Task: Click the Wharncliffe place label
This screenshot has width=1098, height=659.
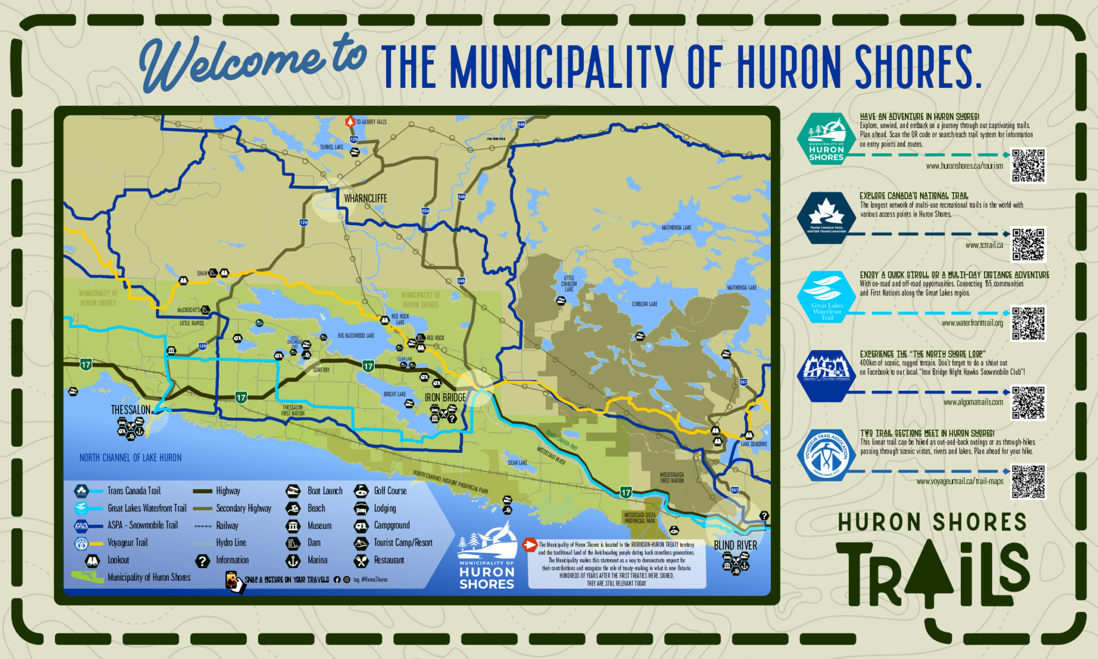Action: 365,198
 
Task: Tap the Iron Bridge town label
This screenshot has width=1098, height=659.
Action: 445,397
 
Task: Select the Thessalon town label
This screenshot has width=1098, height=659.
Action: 130,410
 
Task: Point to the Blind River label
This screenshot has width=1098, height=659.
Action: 735,545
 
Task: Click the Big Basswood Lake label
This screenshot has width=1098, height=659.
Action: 356,336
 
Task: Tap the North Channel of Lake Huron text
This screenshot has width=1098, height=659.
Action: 130,457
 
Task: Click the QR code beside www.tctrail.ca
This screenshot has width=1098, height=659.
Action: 1028,245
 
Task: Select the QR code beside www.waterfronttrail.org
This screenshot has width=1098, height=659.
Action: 1028,323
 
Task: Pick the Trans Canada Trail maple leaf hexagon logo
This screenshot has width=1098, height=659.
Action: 826,218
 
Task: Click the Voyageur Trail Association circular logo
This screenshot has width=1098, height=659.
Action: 826,455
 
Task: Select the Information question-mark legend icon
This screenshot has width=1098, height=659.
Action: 202,561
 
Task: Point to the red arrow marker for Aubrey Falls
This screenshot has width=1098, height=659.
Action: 350,122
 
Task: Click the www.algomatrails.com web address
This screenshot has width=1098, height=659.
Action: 973,402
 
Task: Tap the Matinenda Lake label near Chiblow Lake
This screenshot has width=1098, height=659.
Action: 741,288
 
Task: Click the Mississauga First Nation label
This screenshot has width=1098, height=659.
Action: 671,478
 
